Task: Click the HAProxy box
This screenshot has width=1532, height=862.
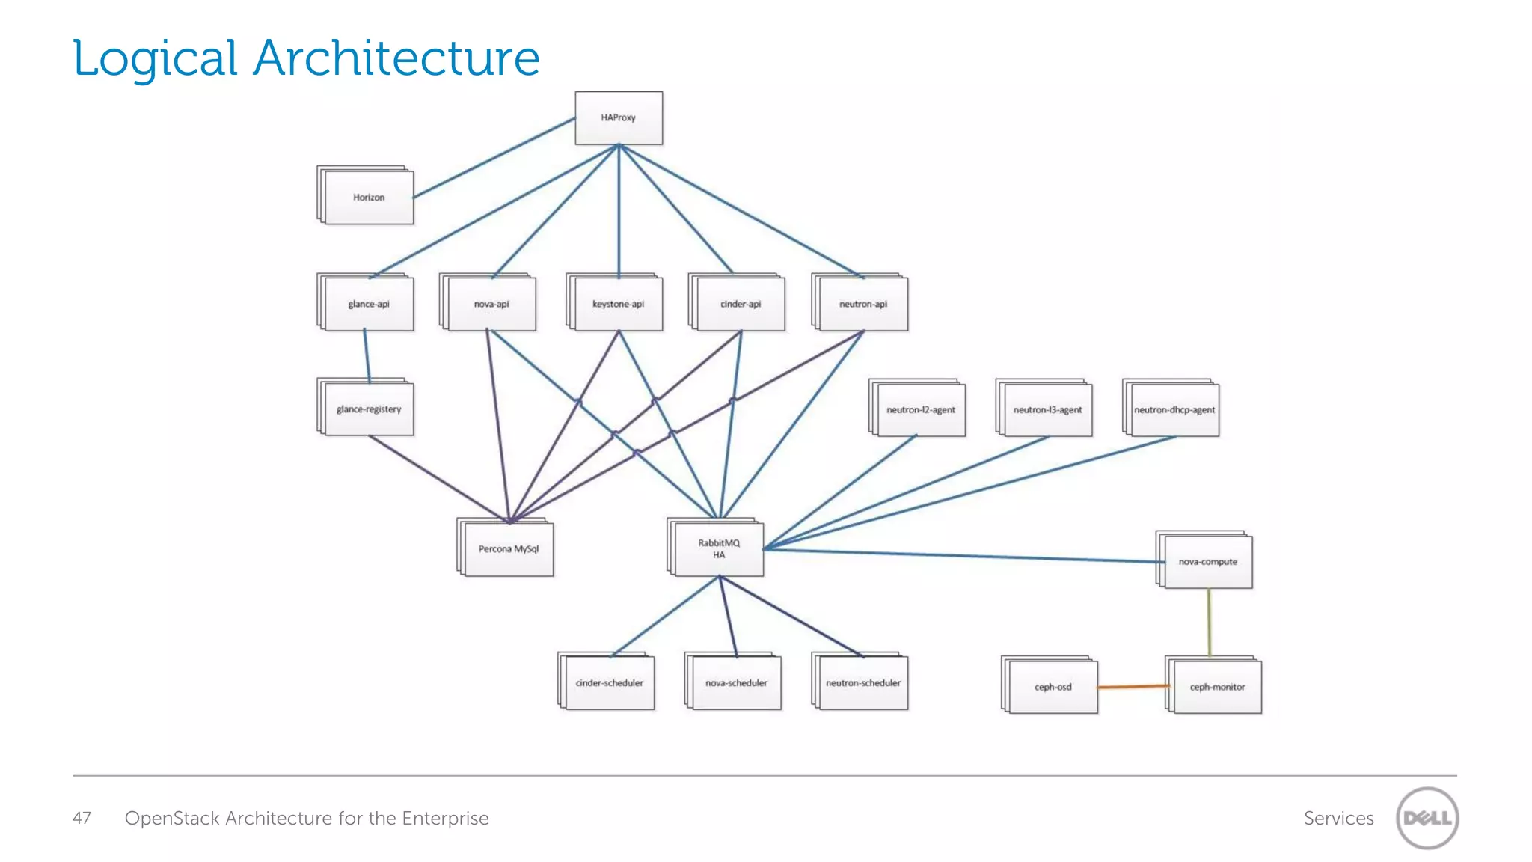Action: [x=619, y=118]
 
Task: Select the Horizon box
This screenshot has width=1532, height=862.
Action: [x=369, y=198]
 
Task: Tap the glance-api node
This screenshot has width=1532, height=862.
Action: [x=369, y=304]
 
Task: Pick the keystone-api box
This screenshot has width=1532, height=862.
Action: [x=618, y=304]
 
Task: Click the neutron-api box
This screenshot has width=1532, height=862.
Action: [x=863, y=304]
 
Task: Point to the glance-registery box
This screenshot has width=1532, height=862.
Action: [x=369, y=409]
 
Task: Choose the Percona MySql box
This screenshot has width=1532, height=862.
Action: [x=509, y=549]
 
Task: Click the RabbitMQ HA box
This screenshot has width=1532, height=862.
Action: [x=719, y=549]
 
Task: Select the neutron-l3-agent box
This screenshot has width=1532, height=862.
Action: [x=1047, y=410]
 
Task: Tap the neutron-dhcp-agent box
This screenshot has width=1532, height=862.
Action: [x=1174, y=410]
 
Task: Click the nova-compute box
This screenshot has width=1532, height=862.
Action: [x=1208, y=562]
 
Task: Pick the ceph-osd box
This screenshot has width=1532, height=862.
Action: [x=1053, y=687]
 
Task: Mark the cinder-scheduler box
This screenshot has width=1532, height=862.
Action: [x=610, y=683]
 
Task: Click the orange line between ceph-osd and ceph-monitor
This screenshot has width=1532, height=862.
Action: [x=1131, y=686]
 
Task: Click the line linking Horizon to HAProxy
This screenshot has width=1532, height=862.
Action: [x=494, y=158]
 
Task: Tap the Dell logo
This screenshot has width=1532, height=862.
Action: [x=1427, y=818]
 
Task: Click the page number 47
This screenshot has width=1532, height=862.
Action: [x=82, y=818]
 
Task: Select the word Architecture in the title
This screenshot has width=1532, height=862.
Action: [x=396, y=58]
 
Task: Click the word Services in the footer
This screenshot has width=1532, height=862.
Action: [x=1338, y=818]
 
